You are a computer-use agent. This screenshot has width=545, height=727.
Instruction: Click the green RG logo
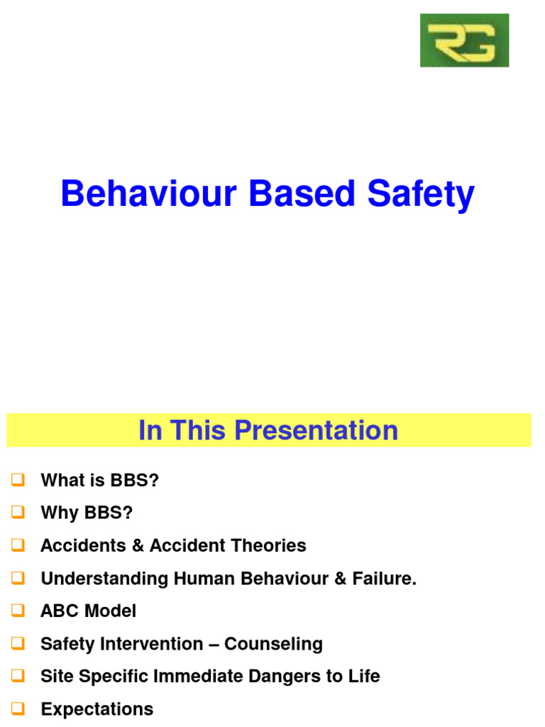click(464, 40)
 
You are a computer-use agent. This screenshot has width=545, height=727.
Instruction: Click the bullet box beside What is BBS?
click(18, 481)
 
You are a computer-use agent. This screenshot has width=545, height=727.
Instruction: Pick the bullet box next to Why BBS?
click(18, 513)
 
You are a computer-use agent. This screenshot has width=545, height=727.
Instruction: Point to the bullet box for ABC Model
click(18, 611)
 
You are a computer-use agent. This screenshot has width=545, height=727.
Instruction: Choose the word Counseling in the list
click(274, 644)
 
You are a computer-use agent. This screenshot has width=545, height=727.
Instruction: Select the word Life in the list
click(364, 677)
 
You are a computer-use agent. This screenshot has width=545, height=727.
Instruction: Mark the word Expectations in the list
click(97, 709)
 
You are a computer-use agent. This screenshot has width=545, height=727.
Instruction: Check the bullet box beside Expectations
click(18, 709)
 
